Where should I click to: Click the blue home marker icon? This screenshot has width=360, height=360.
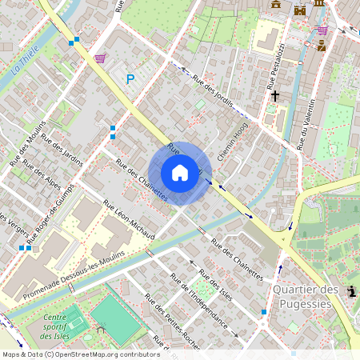click(x=180, y=173)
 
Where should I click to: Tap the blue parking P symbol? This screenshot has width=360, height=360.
click(x=130, y=78)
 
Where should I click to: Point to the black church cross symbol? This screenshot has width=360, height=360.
click(x=274, y=95)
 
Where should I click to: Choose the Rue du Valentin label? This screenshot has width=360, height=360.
click(x=309, y=125)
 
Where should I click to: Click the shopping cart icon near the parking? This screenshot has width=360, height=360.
click(x=100, y=58)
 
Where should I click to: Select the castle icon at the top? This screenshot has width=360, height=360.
click(x=300, y=10)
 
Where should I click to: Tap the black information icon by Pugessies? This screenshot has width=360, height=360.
click(x=353, y=292)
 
